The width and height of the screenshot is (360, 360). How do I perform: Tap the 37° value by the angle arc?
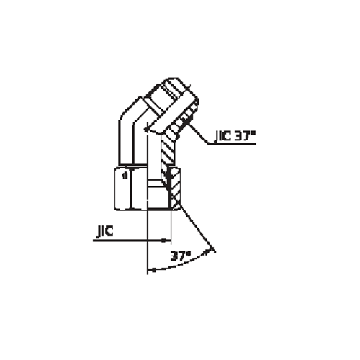tap(180, 257)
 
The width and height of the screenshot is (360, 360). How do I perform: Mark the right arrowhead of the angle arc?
tap(213, 250)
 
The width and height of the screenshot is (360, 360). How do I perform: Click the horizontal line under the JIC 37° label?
tap(234, 145)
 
